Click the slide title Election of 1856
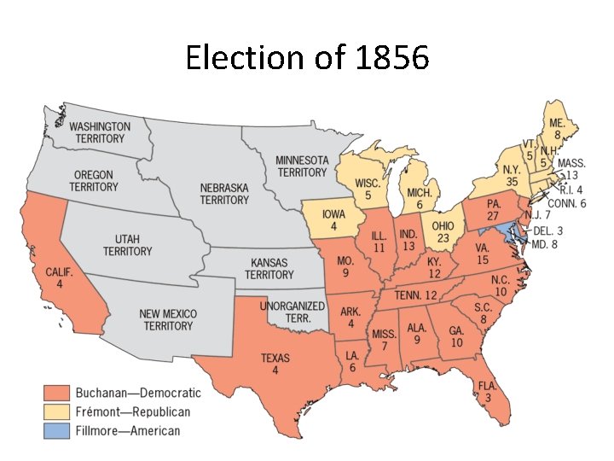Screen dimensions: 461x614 [x=307, y=58]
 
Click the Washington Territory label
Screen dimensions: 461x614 [x=100, y=132]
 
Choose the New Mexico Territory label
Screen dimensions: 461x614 [x=168, y=320]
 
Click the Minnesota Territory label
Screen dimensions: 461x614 [x=301, y=166]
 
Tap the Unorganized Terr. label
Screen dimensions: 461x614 [x=292, y=311]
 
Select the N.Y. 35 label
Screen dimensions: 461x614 [x=512, y=176]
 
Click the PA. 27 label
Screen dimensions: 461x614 [x=493, y=210]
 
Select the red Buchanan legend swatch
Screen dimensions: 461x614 [x=55, y=393]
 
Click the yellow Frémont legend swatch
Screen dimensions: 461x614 [x=55, y=411]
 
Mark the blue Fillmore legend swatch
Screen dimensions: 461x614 [x=55, y=430]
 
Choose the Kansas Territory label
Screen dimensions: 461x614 [x=269, y=269]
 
